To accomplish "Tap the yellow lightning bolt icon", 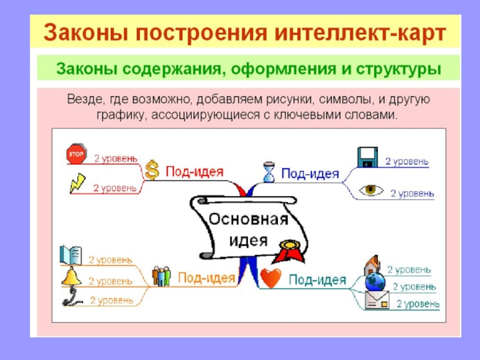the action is pos(77,182).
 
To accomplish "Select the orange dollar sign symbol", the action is pos(152,170).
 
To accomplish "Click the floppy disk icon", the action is pos(367,158).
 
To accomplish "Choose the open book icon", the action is pos(71,255).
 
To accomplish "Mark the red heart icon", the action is pos(271,278).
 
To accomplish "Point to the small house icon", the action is pos(372,265).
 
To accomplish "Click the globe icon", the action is pos(374,282).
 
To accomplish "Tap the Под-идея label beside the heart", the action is pos(317,279).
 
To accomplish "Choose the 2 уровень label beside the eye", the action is pos(412,193).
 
